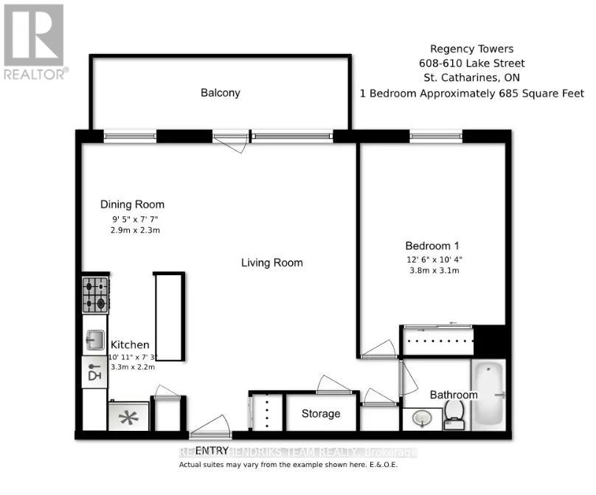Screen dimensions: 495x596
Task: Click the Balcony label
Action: tap(221, 93)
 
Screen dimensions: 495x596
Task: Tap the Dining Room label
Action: tap(132, 204)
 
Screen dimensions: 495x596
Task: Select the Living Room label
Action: tap(272, 263)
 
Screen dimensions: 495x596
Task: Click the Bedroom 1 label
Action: tap(432, 246)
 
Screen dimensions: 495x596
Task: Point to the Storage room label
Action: tap(321, 414)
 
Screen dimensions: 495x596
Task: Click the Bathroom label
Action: tap(454, 395)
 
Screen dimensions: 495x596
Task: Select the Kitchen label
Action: tap(130, 345)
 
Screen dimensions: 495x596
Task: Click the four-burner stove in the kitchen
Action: tap(95, 294)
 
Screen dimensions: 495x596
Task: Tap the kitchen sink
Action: tap(94, 340)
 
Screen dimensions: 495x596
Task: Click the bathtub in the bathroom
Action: tap(488, 395)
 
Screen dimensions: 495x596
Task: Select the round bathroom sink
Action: tap(422, 419)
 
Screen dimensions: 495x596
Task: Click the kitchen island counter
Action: tap(169, 316)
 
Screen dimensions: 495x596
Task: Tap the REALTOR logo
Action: tap(35, 41)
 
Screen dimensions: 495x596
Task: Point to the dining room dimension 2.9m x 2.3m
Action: tap(131, 230)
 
